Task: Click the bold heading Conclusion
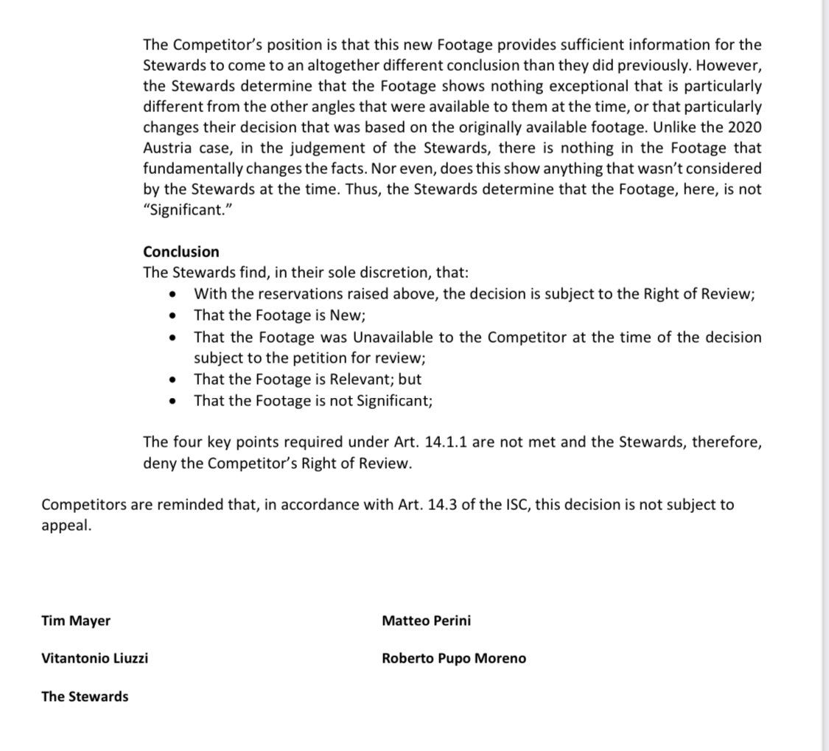click(181, 251)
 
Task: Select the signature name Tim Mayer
click(76, 621)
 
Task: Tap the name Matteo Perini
click(426, 621)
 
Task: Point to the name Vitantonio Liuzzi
click(94, 658)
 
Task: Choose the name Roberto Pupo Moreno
click(454, 658)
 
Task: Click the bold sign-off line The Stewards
click(85, 696)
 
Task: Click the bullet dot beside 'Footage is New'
click(172, 315)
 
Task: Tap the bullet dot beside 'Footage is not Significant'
click(172, 402)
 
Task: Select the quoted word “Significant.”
click(182, 210)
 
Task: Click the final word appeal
click(66, 527)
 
